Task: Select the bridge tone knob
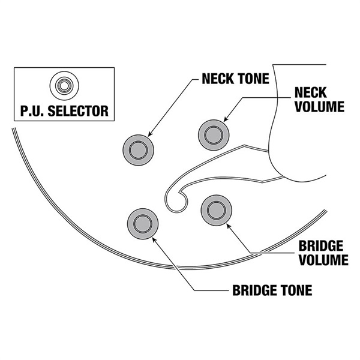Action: (x=143, y=223)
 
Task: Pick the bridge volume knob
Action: (x=214, y=209)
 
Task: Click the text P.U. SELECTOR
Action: (x=62, y=111)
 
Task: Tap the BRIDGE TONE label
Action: (x=272, y=291)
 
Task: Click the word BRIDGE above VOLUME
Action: (x=320, y=247)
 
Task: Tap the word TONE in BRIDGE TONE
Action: (x=296, y=291)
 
